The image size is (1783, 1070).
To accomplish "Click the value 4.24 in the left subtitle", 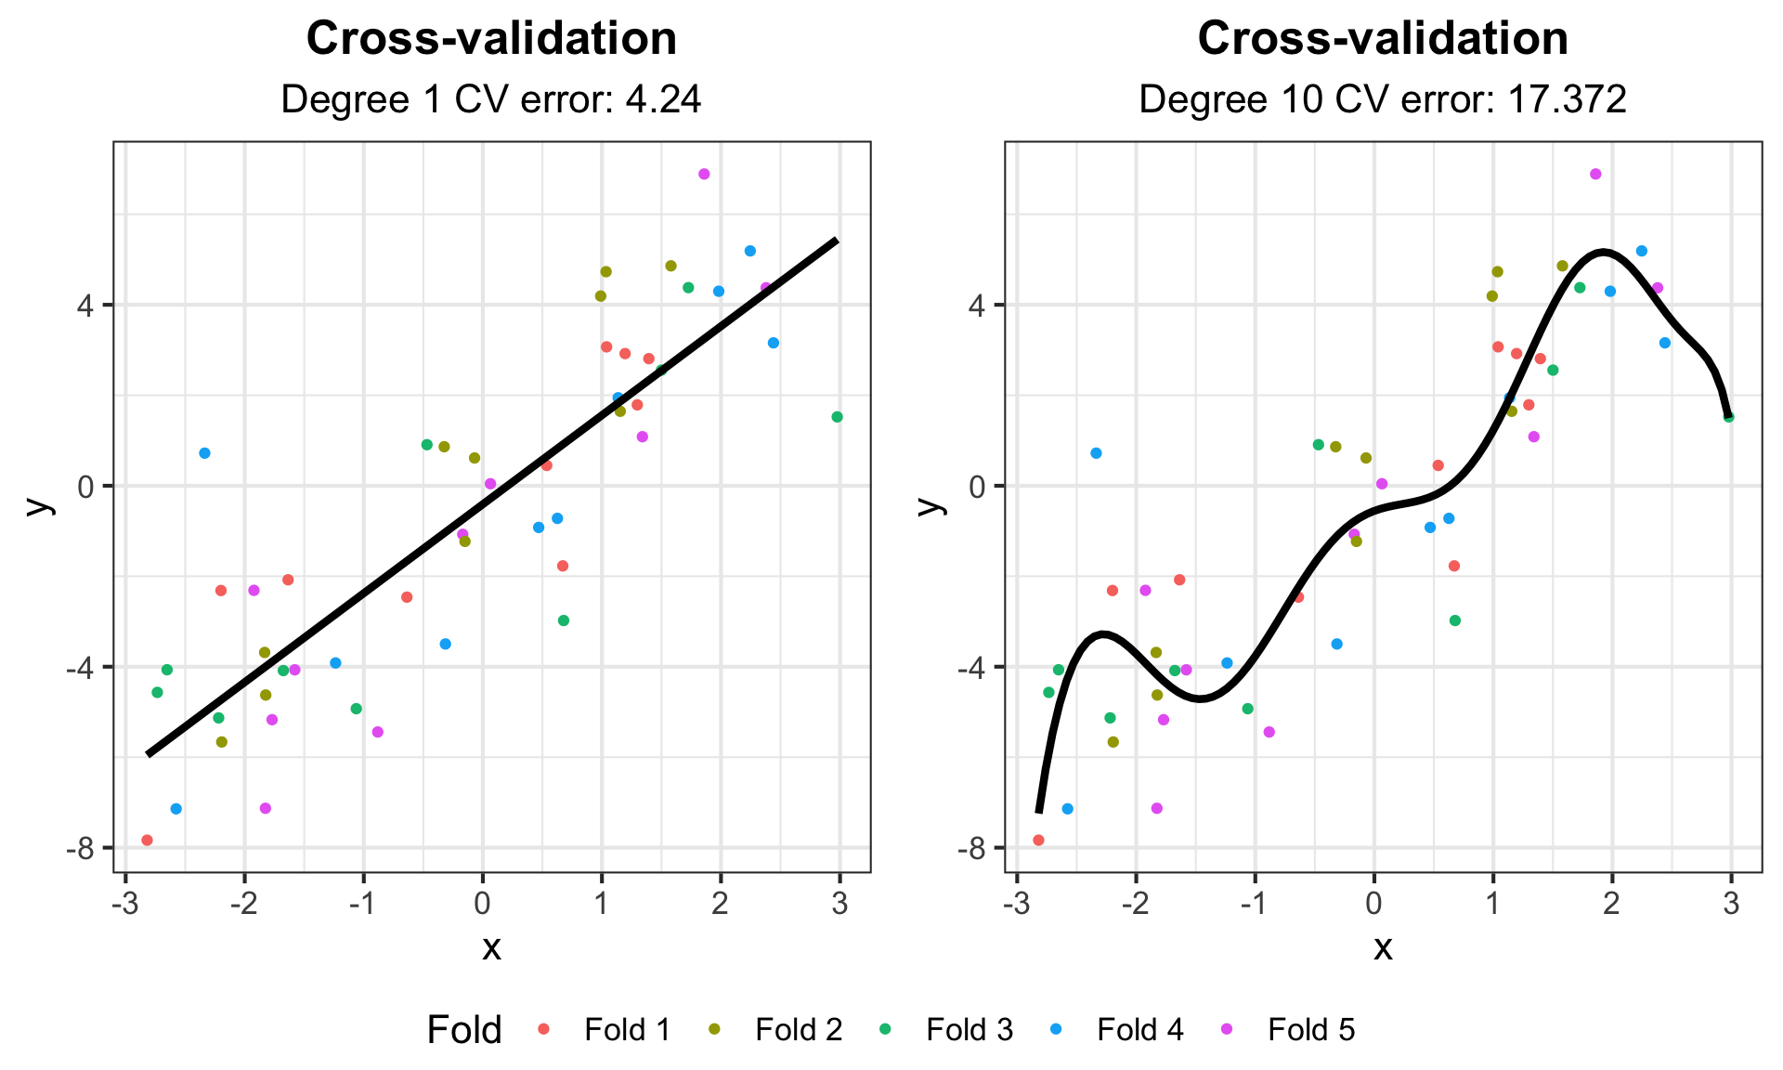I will (x=663, y=98).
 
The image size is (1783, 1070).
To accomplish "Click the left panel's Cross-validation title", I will (x=491, y=39).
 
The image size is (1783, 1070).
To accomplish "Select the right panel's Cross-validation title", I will (x=1383, y=39).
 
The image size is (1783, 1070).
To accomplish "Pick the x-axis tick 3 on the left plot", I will (x=839, y=904).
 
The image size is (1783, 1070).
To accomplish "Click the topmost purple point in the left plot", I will (x=704, y=174).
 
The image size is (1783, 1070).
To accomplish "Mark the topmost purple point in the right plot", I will (x=1595, y=174).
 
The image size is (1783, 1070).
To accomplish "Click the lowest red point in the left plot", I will (x=147, y=841).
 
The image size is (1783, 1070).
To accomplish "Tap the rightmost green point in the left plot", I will (x=837, y=417).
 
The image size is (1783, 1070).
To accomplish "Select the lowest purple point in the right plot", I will (x=1156, y=808).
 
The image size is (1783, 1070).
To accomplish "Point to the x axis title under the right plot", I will (x=1383, y=948).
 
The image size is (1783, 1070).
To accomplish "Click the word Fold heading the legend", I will (x=464, y=1029).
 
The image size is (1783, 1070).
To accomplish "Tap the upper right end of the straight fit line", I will (x=837, y=241).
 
